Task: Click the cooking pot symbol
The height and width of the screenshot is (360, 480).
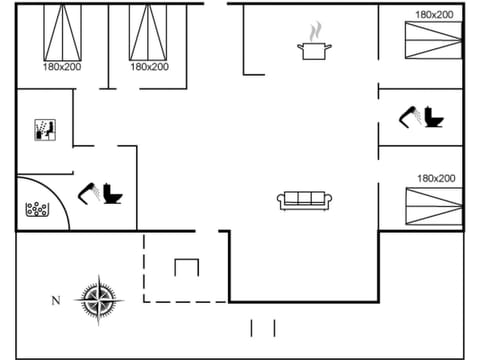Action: click(313, 49)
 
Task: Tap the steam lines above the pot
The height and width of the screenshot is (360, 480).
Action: click(313, 29)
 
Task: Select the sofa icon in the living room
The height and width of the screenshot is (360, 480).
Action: click(306, 200)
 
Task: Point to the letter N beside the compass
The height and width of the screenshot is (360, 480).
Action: click(55, 299)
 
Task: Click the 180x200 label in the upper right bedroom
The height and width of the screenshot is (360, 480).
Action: click(434, 15)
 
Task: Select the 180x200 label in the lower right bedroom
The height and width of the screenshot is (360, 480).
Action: click(435, 178)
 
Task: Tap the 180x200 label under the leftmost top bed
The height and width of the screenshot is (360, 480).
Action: click(62, 67)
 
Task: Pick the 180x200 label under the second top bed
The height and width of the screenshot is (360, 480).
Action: click(148, 67)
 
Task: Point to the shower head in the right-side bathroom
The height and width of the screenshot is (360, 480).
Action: click(408, 117)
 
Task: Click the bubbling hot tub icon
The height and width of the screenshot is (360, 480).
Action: click(37, 211)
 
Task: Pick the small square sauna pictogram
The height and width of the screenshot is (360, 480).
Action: click(44, 129)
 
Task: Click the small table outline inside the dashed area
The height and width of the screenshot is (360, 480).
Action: click(187, 267)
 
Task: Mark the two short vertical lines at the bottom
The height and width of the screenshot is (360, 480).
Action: click(262, 328)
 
